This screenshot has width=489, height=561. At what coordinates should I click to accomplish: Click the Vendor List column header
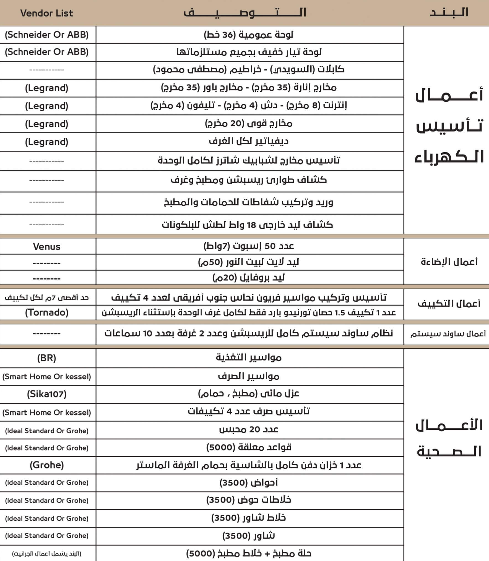click(46, 13)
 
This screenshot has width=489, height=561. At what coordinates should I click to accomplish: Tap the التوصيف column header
click(245, 13)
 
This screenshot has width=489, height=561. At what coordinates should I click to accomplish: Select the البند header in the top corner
click(449, 12)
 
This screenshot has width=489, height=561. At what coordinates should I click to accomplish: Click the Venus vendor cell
click(46, 246)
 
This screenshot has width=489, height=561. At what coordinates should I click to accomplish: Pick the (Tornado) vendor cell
click(46, 312)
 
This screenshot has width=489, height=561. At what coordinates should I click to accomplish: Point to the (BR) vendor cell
click(46, 358)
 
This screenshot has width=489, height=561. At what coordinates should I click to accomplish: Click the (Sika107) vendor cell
click(46, 394)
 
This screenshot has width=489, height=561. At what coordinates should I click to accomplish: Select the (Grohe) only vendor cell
click(46, 465)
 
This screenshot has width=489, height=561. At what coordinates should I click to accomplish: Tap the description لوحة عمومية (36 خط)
click(248, 35)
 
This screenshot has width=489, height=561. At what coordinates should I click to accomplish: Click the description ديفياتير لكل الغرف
click(248, 142)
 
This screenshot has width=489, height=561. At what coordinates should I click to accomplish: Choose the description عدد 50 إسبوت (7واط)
click(248, 246)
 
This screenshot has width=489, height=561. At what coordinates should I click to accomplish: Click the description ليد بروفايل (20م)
click(248, 277)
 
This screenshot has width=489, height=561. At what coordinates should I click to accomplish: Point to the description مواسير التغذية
click(248, 358)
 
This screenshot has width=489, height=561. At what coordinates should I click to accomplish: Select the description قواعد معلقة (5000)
click(248, 447)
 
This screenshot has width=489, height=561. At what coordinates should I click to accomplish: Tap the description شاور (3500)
click(248, 536)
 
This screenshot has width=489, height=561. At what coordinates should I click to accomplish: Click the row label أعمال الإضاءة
click(449, 262)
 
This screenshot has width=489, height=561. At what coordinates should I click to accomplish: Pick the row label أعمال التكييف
click(449, 304)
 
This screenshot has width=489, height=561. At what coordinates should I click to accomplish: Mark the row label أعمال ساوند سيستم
click(448, 334)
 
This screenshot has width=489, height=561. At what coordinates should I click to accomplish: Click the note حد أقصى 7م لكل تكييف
click(46, 298)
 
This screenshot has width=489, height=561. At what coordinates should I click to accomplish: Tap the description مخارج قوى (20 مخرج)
click(248, 124)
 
